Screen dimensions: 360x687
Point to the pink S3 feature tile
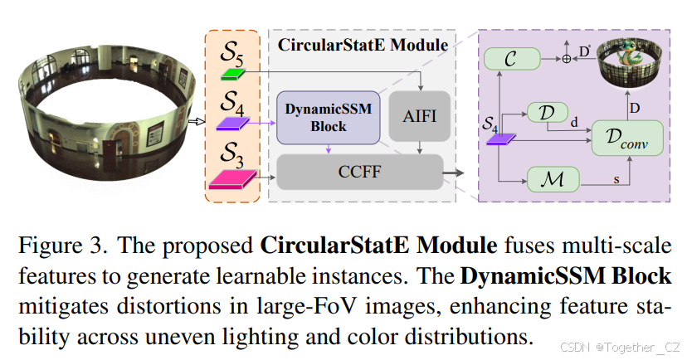pyautogui.click(x=236, y=176)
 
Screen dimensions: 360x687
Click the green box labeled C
pyautogui.click(x=510, y=58)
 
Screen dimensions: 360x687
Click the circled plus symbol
pyautogui.click(x=568, y=59)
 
